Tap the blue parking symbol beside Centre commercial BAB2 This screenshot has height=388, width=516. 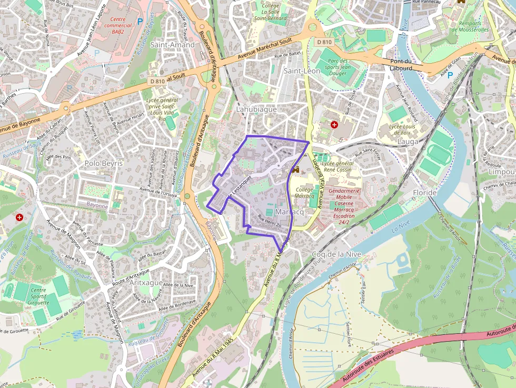140,22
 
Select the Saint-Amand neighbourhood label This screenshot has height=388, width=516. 172,45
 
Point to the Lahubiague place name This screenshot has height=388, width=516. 256,110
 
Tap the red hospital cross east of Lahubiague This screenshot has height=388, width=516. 334,124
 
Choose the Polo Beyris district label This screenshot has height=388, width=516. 103,163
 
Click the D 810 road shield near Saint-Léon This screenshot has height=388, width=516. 325,42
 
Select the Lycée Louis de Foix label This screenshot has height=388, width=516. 402,130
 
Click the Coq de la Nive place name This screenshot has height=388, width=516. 336,254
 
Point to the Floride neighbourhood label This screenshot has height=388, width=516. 425,193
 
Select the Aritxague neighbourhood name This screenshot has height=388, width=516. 146,283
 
